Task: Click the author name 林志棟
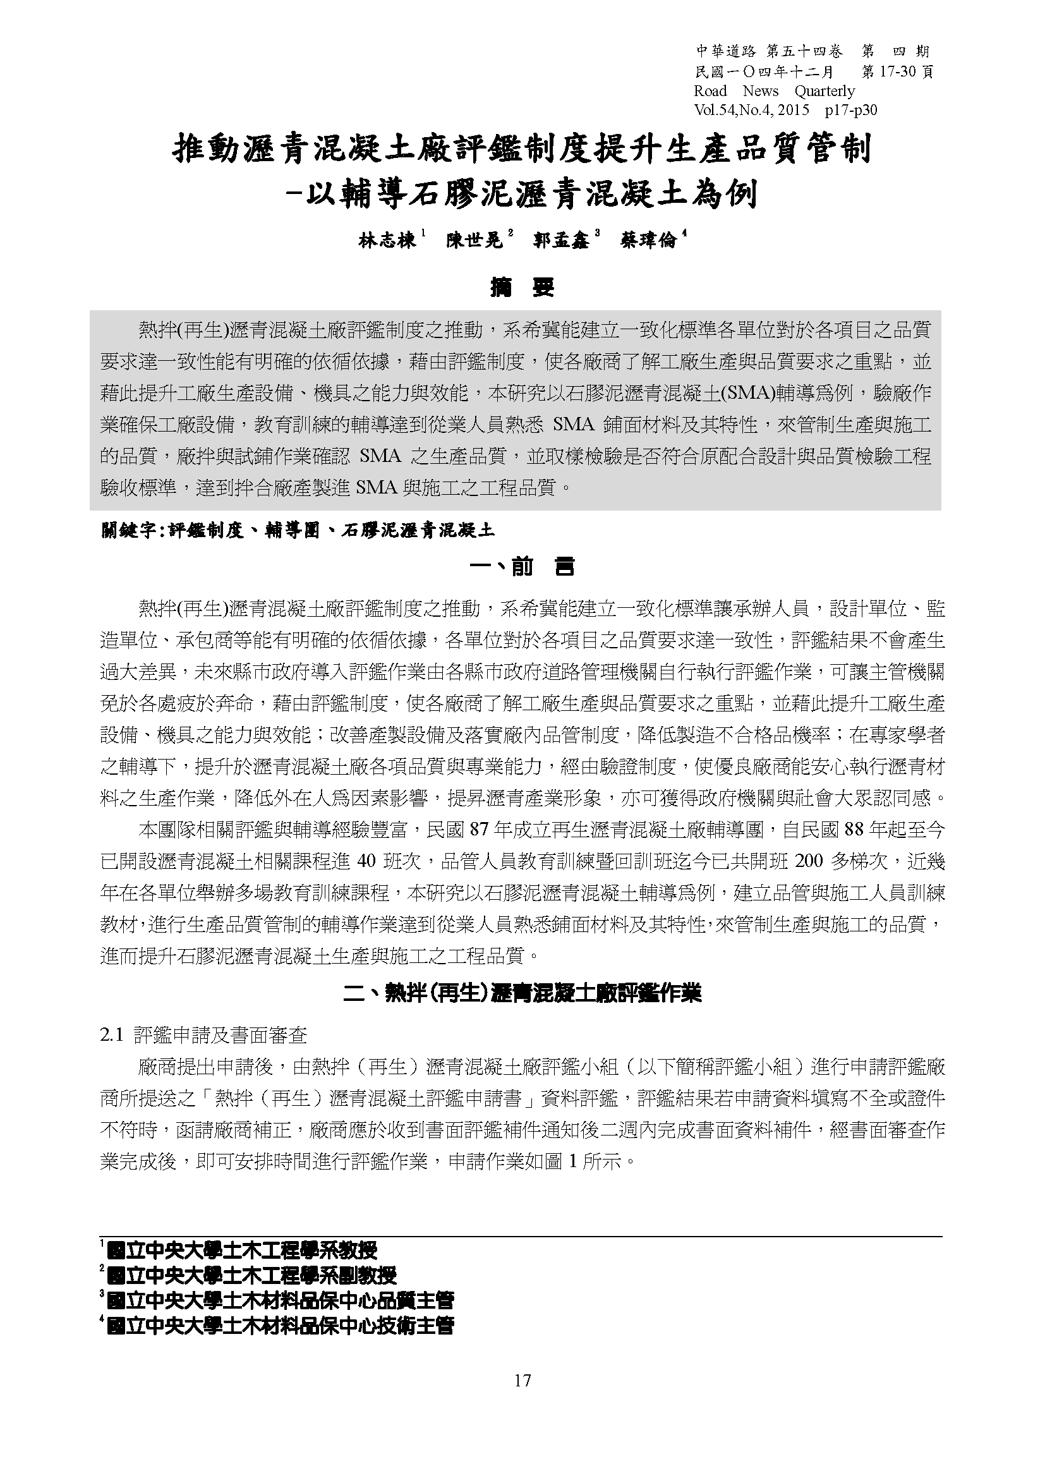tap(387, 241)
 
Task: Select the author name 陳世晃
tap(475, 241)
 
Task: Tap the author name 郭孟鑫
tap(562, 241)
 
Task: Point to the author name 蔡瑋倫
tap(649, 241)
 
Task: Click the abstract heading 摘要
tap(522, 288)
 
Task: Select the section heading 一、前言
tap(522, 567)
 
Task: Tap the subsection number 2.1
tap(111, 1035)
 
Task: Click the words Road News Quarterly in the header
tap(774, 91)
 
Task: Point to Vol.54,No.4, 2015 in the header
tap(752, 110)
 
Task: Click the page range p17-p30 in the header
tap(850, 110)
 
